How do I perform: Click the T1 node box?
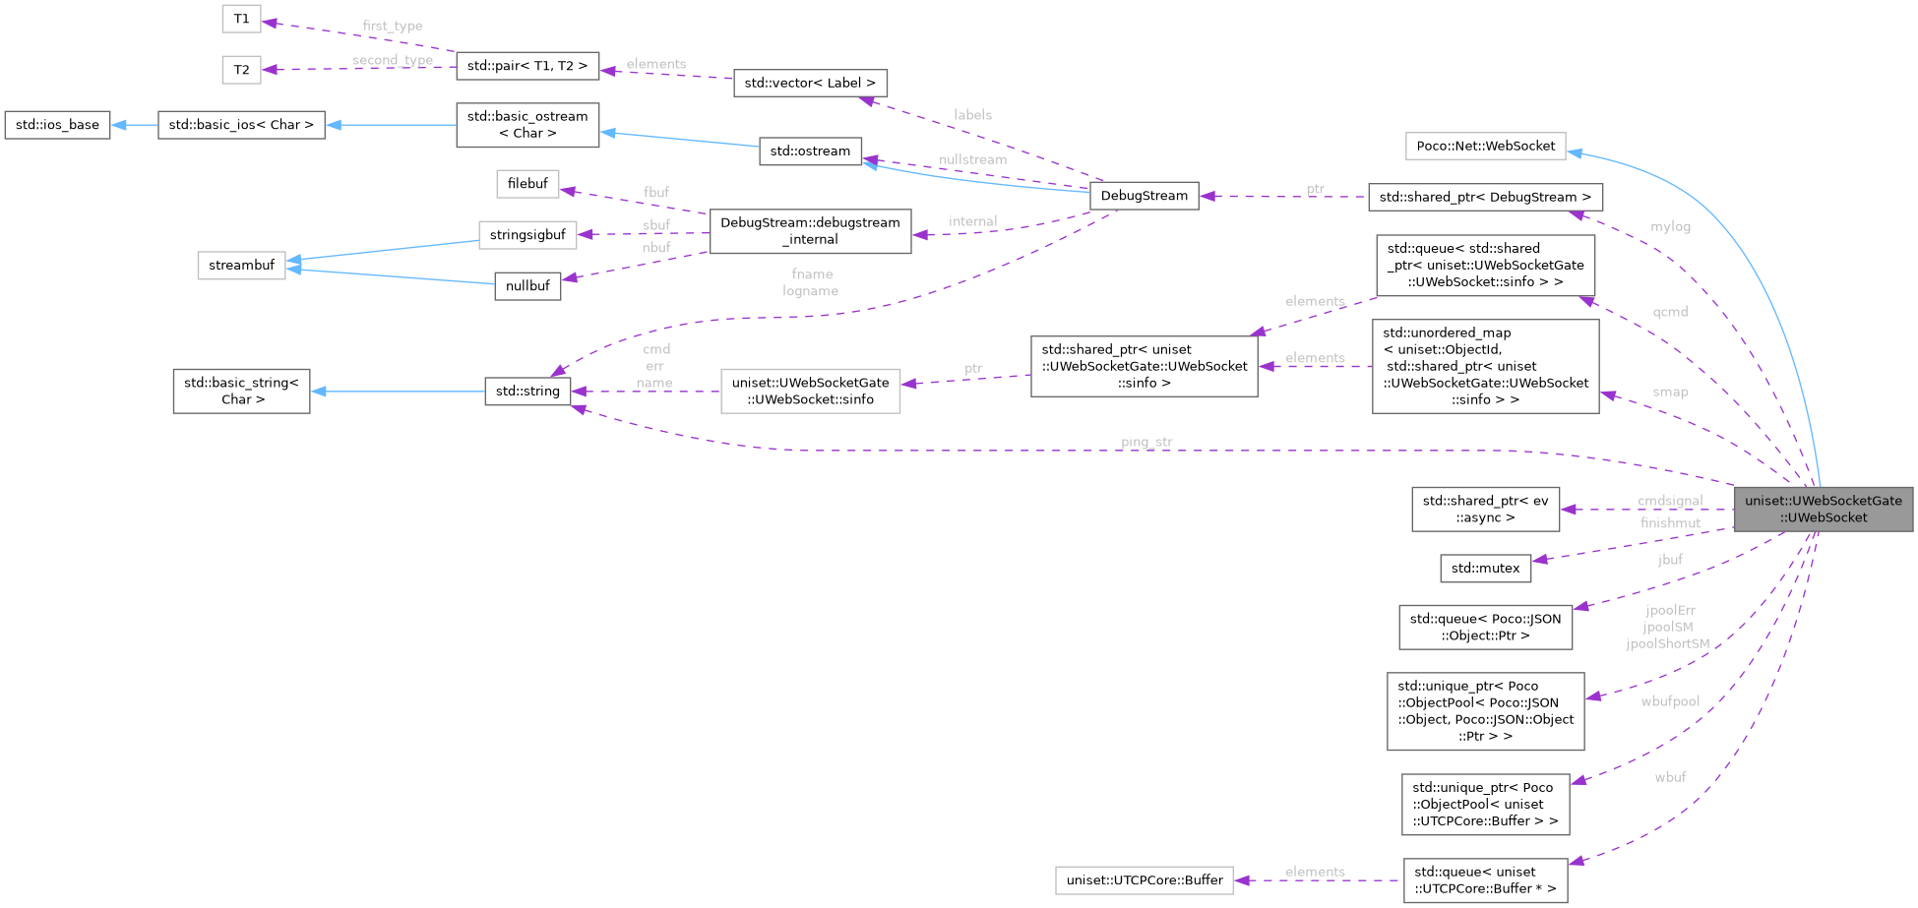241,19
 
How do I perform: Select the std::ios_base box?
57,125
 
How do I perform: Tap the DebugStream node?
1144,196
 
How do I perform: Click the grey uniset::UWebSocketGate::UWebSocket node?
1823,509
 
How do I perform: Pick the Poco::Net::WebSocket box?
1485,147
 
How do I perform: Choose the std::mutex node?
1485,568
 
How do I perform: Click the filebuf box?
527,184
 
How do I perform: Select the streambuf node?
241,266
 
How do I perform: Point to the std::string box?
527,392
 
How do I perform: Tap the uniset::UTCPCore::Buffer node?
1144,880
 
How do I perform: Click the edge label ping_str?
1146,442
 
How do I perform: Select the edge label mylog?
1670,226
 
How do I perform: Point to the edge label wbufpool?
1670,701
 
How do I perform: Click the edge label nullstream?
972,159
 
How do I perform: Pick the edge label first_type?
393,26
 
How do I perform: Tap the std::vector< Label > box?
809,84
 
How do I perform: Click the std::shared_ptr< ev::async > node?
1485,510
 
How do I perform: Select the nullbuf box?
527,286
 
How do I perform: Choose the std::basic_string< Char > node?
241,392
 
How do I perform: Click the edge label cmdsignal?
1670,501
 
